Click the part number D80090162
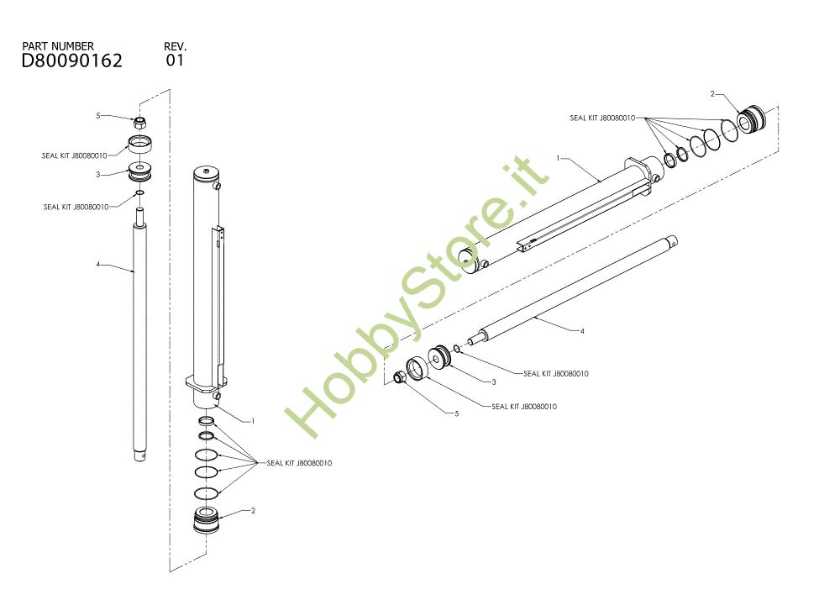click(x=71, y=61)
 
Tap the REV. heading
click(x=176, y=45)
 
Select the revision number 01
click(x=175, y=61)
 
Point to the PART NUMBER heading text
click(x=58, y=45)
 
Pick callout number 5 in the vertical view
click(x=97, y=116)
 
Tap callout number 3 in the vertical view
click(x=97, y=175)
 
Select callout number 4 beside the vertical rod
click(x=97, y=265)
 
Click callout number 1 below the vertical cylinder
click(x=253, y=420)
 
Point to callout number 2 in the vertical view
click(x=253, y=510)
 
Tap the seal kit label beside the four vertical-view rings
click(x=299, y=463)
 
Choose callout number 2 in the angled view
click(x=712, y=94)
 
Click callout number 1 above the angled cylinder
click(x=557, y=157)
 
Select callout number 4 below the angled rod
click(x=582, y=331)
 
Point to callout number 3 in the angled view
click(x=494, y=382)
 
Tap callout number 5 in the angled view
click(x=457, y=414)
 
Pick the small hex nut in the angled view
click(x=400, y=378)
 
